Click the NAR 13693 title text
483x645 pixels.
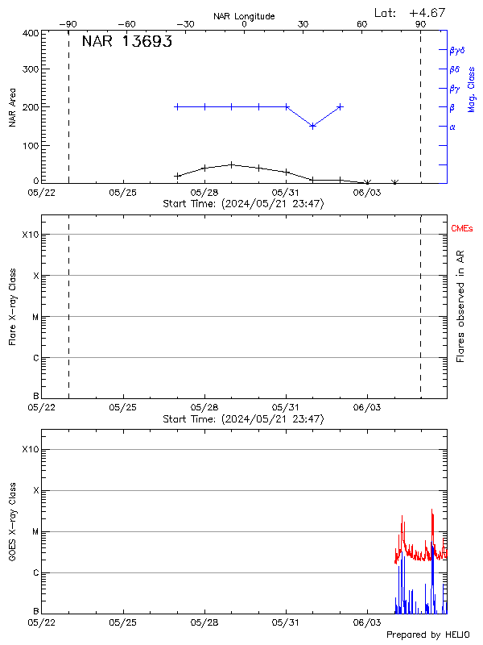[x=126, y=42]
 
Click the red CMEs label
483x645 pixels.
[x=462, y=229]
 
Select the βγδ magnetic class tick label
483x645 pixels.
[x=457, y=50]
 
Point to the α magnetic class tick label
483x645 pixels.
[x=452, y=127]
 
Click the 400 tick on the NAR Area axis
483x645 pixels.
[x=31, y=33]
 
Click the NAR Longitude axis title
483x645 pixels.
[x=244, y=15]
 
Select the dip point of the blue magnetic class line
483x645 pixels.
[x=312, y=126]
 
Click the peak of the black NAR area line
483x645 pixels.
[x=232, y=164]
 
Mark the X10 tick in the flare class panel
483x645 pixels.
[x=29, y=235]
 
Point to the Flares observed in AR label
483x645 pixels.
[x=460, y=306]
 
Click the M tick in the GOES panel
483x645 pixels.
[x=35, y=531]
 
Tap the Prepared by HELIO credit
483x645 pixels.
[x=427, y=635]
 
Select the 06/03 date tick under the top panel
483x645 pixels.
[x=367, y=193]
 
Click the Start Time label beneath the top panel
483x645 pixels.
[x=243, y=204]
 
